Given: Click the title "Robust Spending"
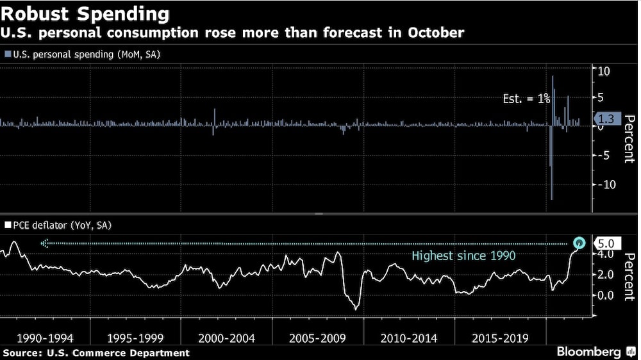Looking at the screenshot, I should click(x=86, y=13).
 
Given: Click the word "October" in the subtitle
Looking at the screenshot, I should click(x=436, y=32).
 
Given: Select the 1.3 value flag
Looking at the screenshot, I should click(x=606, y=118).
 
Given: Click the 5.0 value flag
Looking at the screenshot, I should click(x=606, y=243).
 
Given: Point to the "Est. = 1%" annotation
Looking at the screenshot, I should click(x=526, y=99).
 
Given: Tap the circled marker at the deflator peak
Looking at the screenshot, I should click(x=579, y=243).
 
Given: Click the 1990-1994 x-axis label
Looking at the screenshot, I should click(x=45, y=338).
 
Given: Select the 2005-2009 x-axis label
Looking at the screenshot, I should click(x=318, y=338).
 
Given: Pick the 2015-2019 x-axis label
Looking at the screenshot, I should click(x=500, y=338).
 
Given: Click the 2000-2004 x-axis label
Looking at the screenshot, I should click(x=227, y=338).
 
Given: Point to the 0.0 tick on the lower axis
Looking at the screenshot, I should click(x=604, y=295).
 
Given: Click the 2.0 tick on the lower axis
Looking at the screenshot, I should click(x=604, y=275).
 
